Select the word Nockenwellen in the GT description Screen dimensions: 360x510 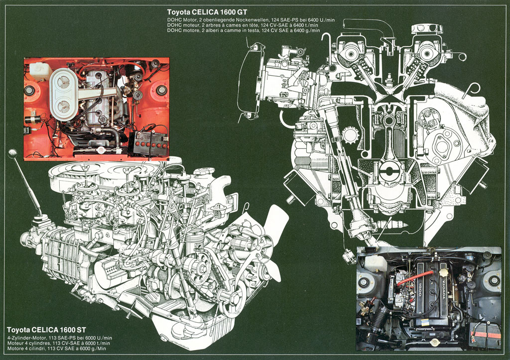click(248, 19)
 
